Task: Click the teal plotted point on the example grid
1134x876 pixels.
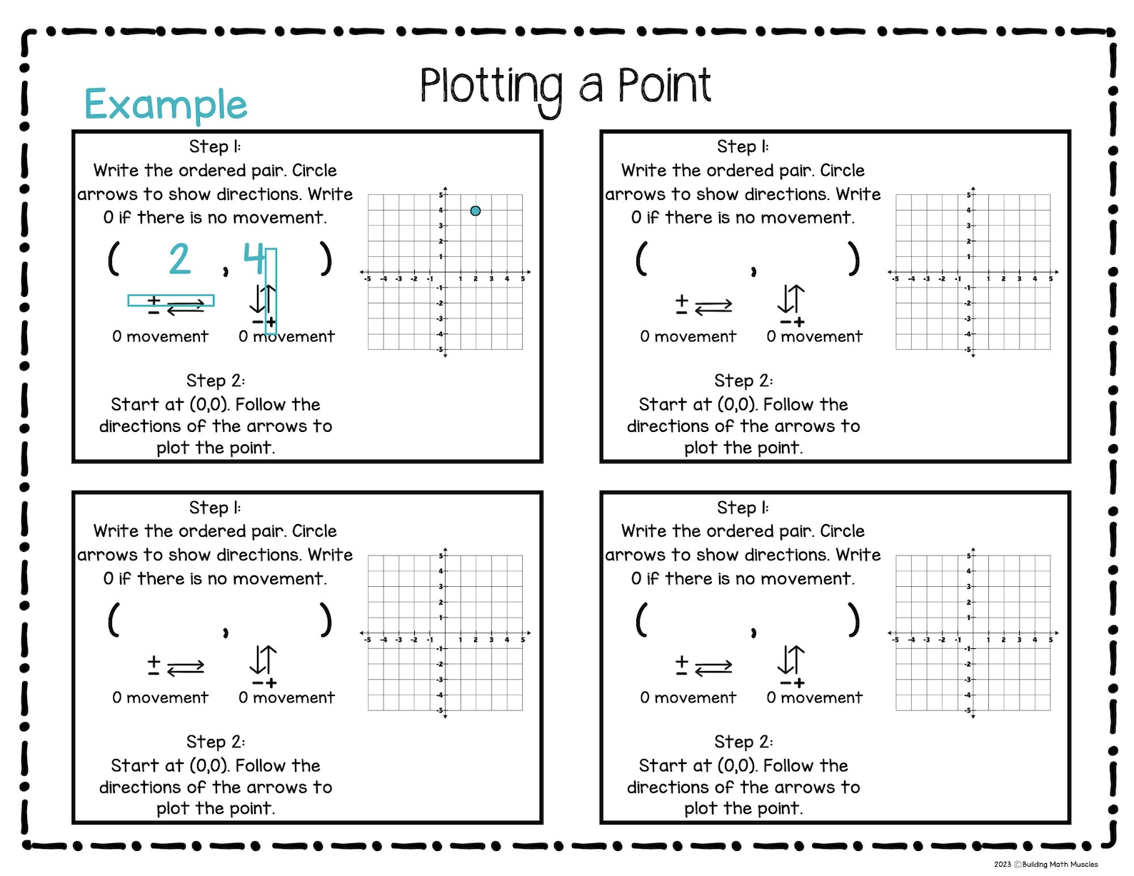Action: pyautogui.click(x=476, y=211)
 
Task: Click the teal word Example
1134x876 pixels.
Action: pyautogui.click(x=166, y=105)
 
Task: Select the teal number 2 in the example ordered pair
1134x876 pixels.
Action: pyautogui.click(x=180, y=258)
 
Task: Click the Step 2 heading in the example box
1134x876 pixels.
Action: pyautogui.click(x=216, y=381)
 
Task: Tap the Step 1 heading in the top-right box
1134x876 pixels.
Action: pyautogui.click(x=743, y=146)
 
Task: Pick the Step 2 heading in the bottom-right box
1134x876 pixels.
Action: pyautogui.click(x=743, y=742)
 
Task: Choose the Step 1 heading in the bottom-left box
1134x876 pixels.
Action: pyautogui.click(x=215, y=508)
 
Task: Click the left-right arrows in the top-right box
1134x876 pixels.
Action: pyautogui.click(x=713, y=306)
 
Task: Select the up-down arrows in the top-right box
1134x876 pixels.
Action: pyautogui.click(x=791, y=298)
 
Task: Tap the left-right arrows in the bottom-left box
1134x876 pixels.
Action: pyautogui.click(x=186, y=668)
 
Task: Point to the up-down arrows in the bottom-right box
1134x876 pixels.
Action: pyautogui.click(x=791, y=660)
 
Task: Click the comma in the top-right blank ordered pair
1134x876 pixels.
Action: pyautogui.click(x=753, y=271)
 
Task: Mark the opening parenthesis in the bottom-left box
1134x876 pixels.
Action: pyautogui.click(x=114, y=619)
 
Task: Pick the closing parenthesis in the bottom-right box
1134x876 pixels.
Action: pyautogui.click(x=853, y=619)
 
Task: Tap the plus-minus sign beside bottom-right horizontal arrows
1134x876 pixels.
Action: pyautogui.click(x=682, y=665)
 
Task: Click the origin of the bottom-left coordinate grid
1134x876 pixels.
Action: pyautogui.click(x=445, y=633)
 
